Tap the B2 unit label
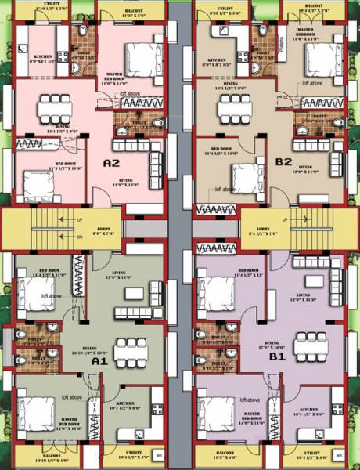pyautogui.click(x=283, y=162)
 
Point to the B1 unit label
pyautogui.click(x=276, y=356)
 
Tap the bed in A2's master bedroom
pyautogui.click(x=138, y=56)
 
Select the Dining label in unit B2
pyautogui.click(x=231, y=85)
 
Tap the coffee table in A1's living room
pyautogui.click(x=135, y=292)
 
